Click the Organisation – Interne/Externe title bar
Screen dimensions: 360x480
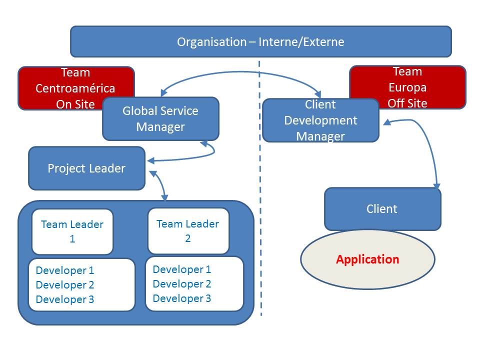click(x=260, y=41)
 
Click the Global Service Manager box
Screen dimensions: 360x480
click(x=160, y=119)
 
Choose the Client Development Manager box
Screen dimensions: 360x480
click(x=320, y=120)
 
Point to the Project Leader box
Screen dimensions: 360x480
click(x=86, y=168)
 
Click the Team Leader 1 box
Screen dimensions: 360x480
click(x=72, y=231)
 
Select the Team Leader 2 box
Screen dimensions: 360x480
click(x=188, y=231)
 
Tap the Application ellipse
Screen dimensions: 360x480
click(x=367, y=259)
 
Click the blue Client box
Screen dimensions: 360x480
click(x=382, y=208)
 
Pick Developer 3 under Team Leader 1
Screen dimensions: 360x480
click(x=65, y=299)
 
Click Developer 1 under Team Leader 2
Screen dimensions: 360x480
click(x=182, y=269)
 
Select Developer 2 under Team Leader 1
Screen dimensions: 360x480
click(x=65, y=285)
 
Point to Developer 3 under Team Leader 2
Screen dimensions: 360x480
click(x=182, y=298)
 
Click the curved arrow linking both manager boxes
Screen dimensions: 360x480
click(x=240, y=73)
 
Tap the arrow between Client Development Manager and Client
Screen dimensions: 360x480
click(x=429, y=145)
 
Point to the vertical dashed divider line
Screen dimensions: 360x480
click(x=259, y=200)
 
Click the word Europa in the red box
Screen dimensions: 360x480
click(x=407, y=87)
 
